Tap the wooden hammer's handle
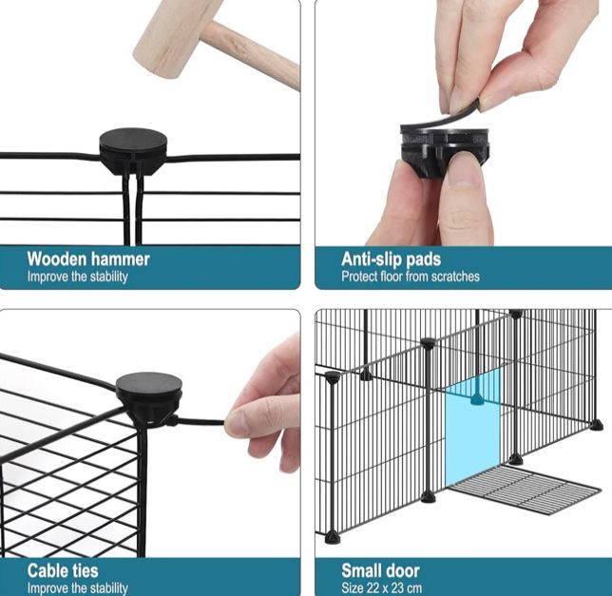pyautogui.click(x=254, y=54)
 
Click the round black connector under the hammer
pyautogui.click(x=133, y=151)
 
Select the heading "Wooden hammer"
pyautogui.click(x=88, y=260)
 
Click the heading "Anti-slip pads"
pyautogui.click(x=392, y=260)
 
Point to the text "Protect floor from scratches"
pyautogui.click(x=411, y=277)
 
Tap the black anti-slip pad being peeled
pyautogui.click(x=441, y=118)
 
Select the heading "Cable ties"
pyautogui.click(x=63, y=570)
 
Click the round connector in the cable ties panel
pyautogui.click(x=149, y=398)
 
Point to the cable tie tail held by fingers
pyautogui.click(x=199, y=421)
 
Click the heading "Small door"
pyautogui.click(x=380, y=570)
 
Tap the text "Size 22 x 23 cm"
pyautogui.click(x=381, y=587)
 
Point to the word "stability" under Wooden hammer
pyautogui.click(x=109, y=277)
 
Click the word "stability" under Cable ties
pyautogui.click(x=109, y=587)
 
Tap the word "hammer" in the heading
pyautogui.click(x=120, y=260)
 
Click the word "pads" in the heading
pyautogui.click(x=423, y=260)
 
